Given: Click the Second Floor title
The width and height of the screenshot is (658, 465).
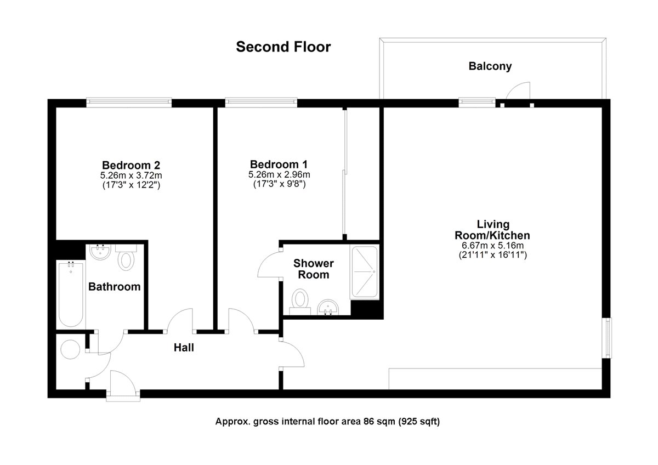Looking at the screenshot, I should click(283, 47).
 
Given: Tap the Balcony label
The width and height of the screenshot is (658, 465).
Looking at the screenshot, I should click(490, 66).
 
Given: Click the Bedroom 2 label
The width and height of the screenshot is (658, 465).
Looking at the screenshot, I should click(131, 165).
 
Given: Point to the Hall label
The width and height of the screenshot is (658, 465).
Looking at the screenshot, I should click(184, 347).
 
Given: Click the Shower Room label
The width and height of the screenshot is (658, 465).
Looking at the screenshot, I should click(314, 269).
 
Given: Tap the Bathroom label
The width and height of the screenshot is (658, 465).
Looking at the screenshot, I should click(115, 286).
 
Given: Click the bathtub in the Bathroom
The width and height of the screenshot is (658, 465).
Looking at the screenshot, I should click(71, 294).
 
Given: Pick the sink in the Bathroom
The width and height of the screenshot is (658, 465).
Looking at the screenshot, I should click(101, 253).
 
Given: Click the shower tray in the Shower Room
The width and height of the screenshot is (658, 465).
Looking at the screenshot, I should click(364, 272).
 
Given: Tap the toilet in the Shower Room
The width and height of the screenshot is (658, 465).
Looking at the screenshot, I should click(300, 301).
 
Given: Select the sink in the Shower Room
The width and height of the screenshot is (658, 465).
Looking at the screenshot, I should click(329, 308).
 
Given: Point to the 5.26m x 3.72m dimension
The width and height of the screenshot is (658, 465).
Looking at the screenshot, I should click(131, 175).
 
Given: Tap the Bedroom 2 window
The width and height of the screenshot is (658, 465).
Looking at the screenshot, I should click(129, 101).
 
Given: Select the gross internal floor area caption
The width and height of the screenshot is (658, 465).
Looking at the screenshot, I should click(327, 422).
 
